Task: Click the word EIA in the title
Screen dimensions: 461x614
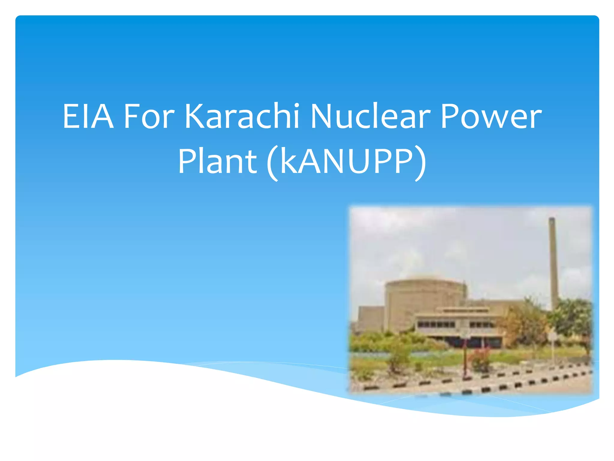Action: pyautogui.click(x=88, y=116)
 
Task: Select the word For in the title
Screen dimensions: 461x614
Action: pyautogui.click(x=149, y=116)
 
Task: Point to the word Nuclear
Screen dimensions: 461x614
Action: pyautogui.click(x=371, y=116)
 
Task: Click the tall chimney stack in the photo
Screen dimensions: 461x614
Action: pyautogui.click(x=553, y=264)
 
